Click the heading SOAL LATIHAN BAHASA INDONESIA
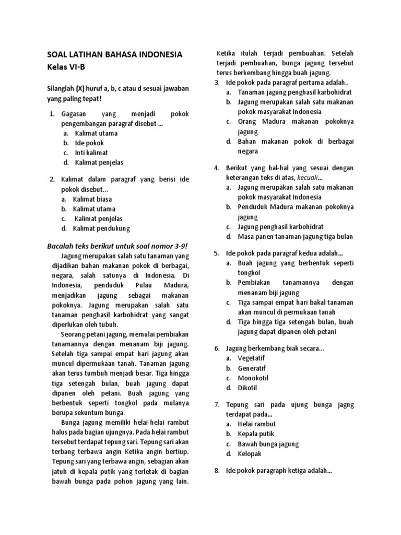[x=115, y=54]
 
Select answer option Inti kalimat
[x=91, y=153]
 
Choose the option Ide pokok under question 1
[x=89, y=143]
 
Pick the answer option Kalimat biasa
[x=93, y=199]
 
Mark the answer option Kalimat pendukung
[x=101, y=228]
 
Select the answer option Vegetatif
[x=252, y=358]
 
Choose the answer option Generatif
[x=252, y=368]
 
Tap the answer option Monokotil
[x=253, y=378]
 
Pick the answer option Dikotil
[x=247, y=388]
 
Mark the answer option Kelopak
[x=249, y=454]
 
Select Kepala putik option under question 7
[x=256, y=434]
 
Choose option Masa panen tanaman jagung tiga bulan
[x=295, y=237]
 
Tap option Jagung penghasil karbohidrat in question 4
[x=280, y=227]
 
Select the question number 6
[x=217, y=348]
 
